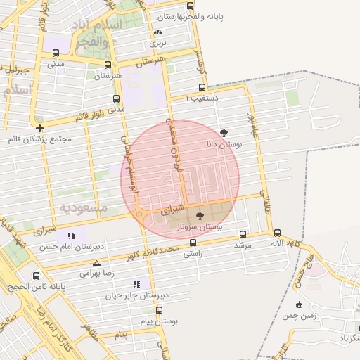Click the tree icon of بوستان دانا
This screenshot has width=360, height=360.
[x=224, y=132]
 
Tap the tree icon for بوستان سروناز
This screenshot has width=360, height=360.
[x=200, y=216]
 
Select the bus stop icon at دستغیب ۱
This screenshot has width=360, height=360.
[x=202, y=88]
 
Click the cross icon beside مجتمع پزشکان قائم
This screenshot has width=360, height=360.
[x=40, y=128]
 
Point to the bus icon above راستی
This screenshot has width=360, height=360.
[x=193, y=243]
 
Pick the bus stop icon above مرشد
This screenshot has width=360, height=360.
[x=243, y=234]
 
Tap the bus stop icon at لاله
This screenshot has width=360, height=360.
[x=277, y=233]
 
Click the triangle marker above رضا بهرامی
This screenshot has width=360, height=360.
[x=96, y=262]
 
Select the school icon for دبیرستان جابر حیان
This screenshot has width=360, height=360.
[x=136, y=285]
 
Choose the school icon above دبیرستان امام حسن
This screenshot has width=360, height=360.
[x=70, y=236]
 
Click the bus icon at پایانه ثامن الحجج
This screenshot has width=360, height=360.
[x=37, y=276]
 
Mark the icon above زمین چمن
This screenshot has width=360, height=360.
[x=300, y=304]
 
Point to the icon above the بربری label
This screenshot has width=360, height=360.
[x=157, y=32]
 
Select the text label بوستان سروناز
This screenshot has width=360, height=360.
[x=201, y=227]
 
